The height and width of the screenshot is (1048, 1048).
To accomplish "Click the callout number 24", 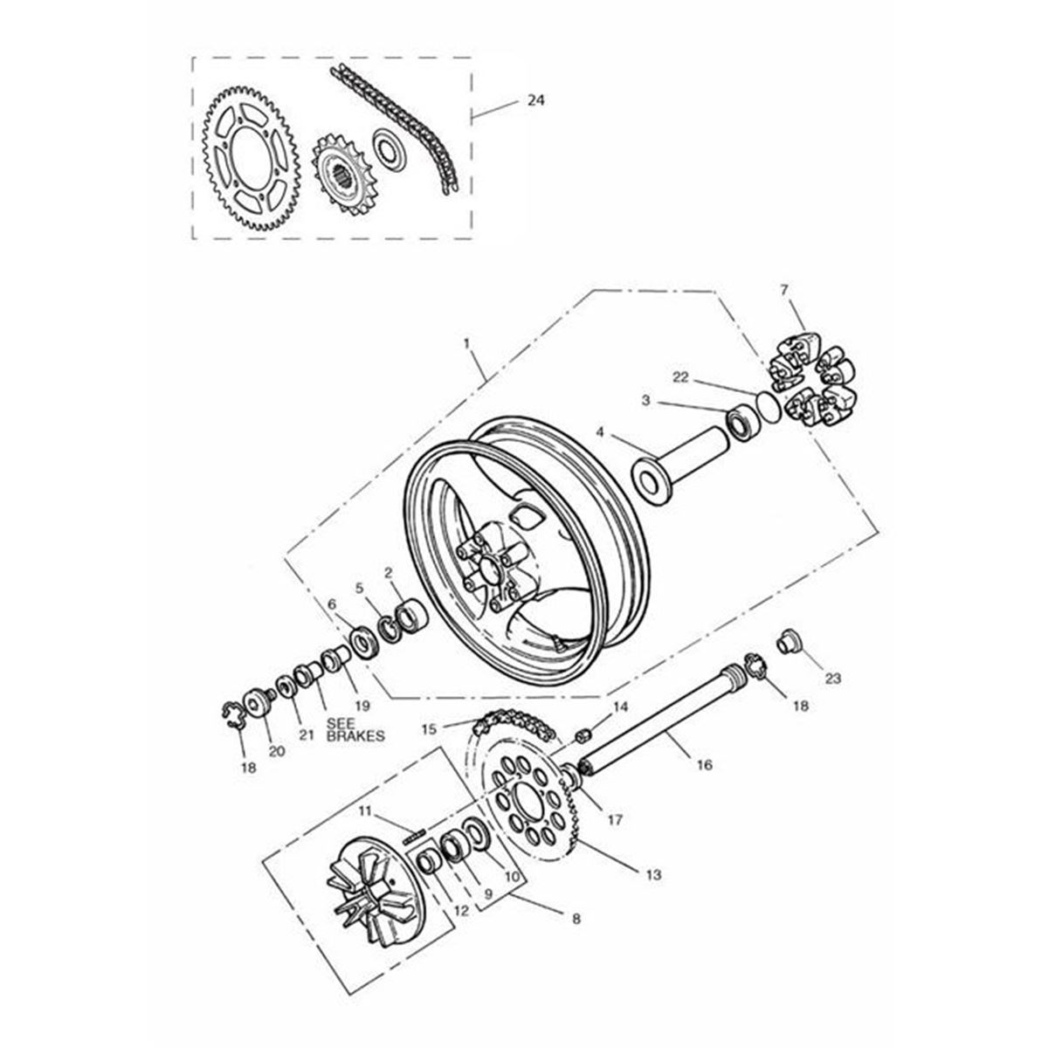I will pyautogui.click(x=535, y=101).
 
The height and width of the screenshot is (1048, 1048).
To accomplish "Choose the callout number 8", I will pyautogui.click(x=576, y=918).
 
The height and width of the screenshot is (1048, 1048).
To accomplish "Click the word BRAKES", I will pyautogui.click(x=355, y=736).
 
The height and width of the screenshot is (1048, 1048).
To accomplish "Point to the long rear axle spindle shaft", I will pyautogui.click(x=655, y=725).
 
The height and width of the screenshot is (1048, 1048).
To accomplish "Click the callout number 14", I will pyautogui.click(x=620, y=705).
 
